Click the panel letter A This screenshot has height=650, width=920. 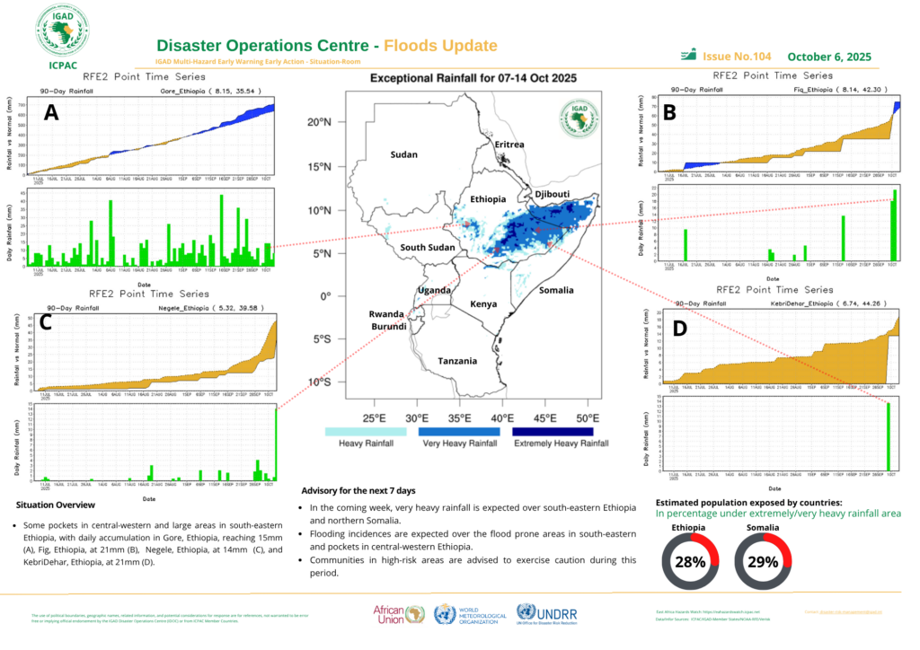51,111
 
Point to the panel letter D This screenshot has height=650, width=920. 679,329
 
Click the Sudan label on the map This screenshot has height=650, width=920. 403,154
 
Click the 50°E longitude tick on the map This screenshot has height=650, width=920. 588,417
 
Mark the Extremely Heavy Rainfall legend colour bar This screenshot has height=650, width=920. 553,431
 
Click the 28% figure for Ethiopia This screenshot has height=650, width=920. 689,563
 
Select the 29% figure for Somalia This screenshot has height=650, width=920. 762,563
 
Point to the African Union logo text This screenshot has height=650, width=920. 392,614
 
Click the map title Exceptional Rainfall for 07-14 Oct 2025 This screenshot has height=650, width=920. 473,79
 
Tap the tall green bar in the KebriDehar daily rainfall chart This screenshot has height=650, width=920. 889,436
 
